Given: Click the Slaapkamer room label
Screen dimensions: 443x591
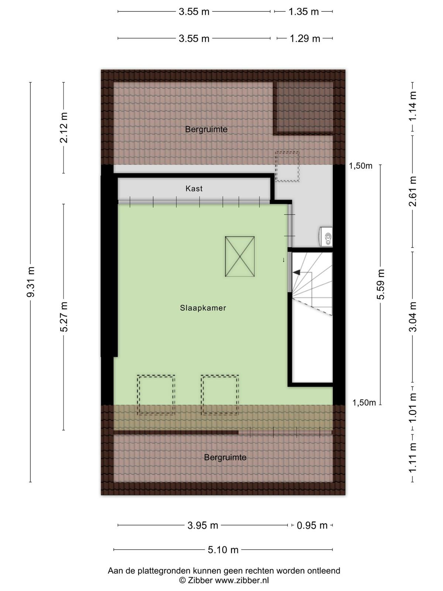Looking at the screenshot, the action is point(203,308).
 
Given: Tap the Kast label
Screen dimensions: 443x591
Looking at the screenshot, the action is point(194,188).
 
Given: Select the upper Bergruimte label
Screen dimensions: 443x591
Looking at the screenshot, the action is point(206,129).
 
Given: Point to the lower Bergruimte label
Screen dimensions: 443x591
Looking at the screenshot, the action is point(225,457).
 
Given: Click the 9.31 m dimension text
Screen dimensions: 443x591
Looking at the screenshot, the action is point(31,282).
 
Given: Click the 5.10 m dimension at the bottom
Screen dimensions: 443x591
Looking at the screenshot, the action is point(223,550).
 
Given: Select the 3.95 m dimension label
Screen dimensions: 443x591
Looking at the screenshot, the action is point(203,525).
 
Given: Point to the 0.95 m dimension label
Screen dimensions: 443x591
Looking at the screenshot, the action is point(312,525).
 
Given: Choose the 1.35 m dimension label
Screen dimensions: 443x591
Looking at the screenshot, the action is point(304,11).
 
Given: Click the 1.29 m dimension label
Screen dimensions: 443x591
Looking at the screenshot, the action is point(305,38).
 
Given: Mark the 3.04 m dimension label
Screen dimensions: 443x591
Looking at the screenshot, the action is point(413,317).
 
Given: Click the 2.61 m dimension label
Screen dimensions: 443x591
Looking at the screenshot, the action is point(413,191).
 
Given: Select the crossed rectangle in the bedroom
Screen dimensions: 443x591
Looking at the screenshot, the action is point(240,256).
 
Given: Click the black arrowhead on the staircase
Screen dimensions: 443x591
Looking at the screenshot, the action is point(296,273).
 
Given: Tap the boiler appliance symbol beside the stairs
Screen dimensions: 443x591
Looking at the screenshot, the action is point(326,237).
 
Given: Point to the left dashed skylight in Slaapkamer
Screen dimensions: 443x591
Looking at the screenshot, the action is point(156,395).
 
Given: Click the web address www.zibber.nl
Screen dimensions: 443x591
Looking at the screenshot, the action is point(242,580).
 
